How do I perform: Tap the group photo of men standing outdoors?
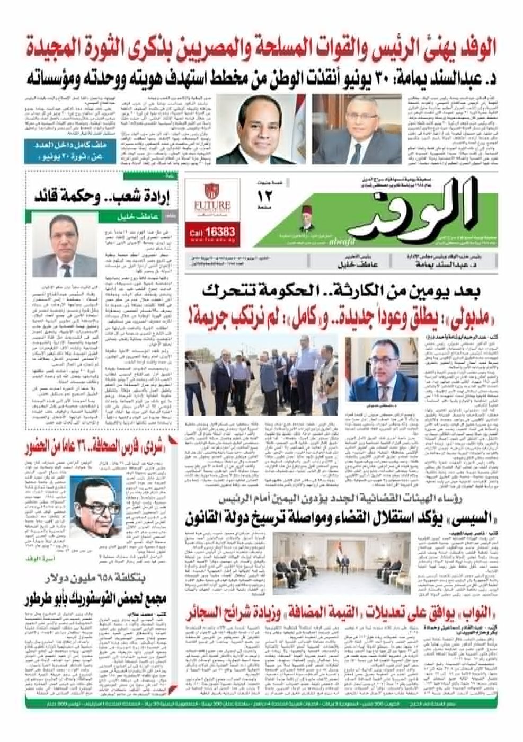coord(261,375)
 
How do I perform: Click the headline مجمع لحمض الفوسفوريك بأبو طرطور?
coord(95,600)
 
